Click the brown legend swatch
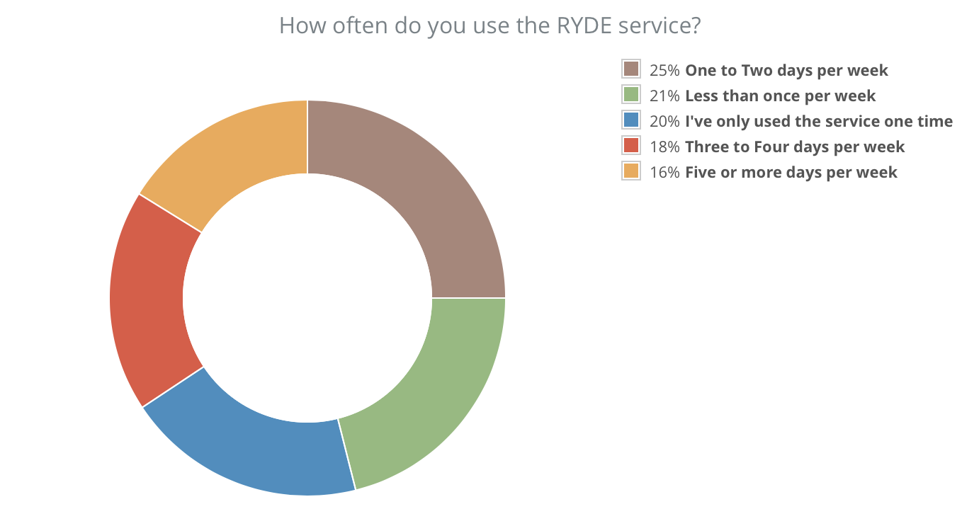(x=630, y=69)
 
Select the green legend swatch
(x=630, y=95)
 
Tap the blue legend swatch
(x=630, y=120)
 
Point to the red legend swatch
(x=630, y=146)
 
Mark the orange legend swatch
(x=630, y=171)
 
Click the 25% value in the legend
(x=664, y=70)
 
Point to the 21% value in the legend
(x=664, y=96)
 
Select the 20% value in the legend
(x=664, y=121)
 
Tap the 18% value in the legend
(x=664, y=147)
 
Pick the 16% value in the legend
(x=664, y=172)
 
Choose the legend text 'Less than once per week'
(x=780, y=96)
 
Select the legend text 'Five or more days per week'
(x=791, y=172)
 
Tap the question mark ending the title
(x=696, y=25)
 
